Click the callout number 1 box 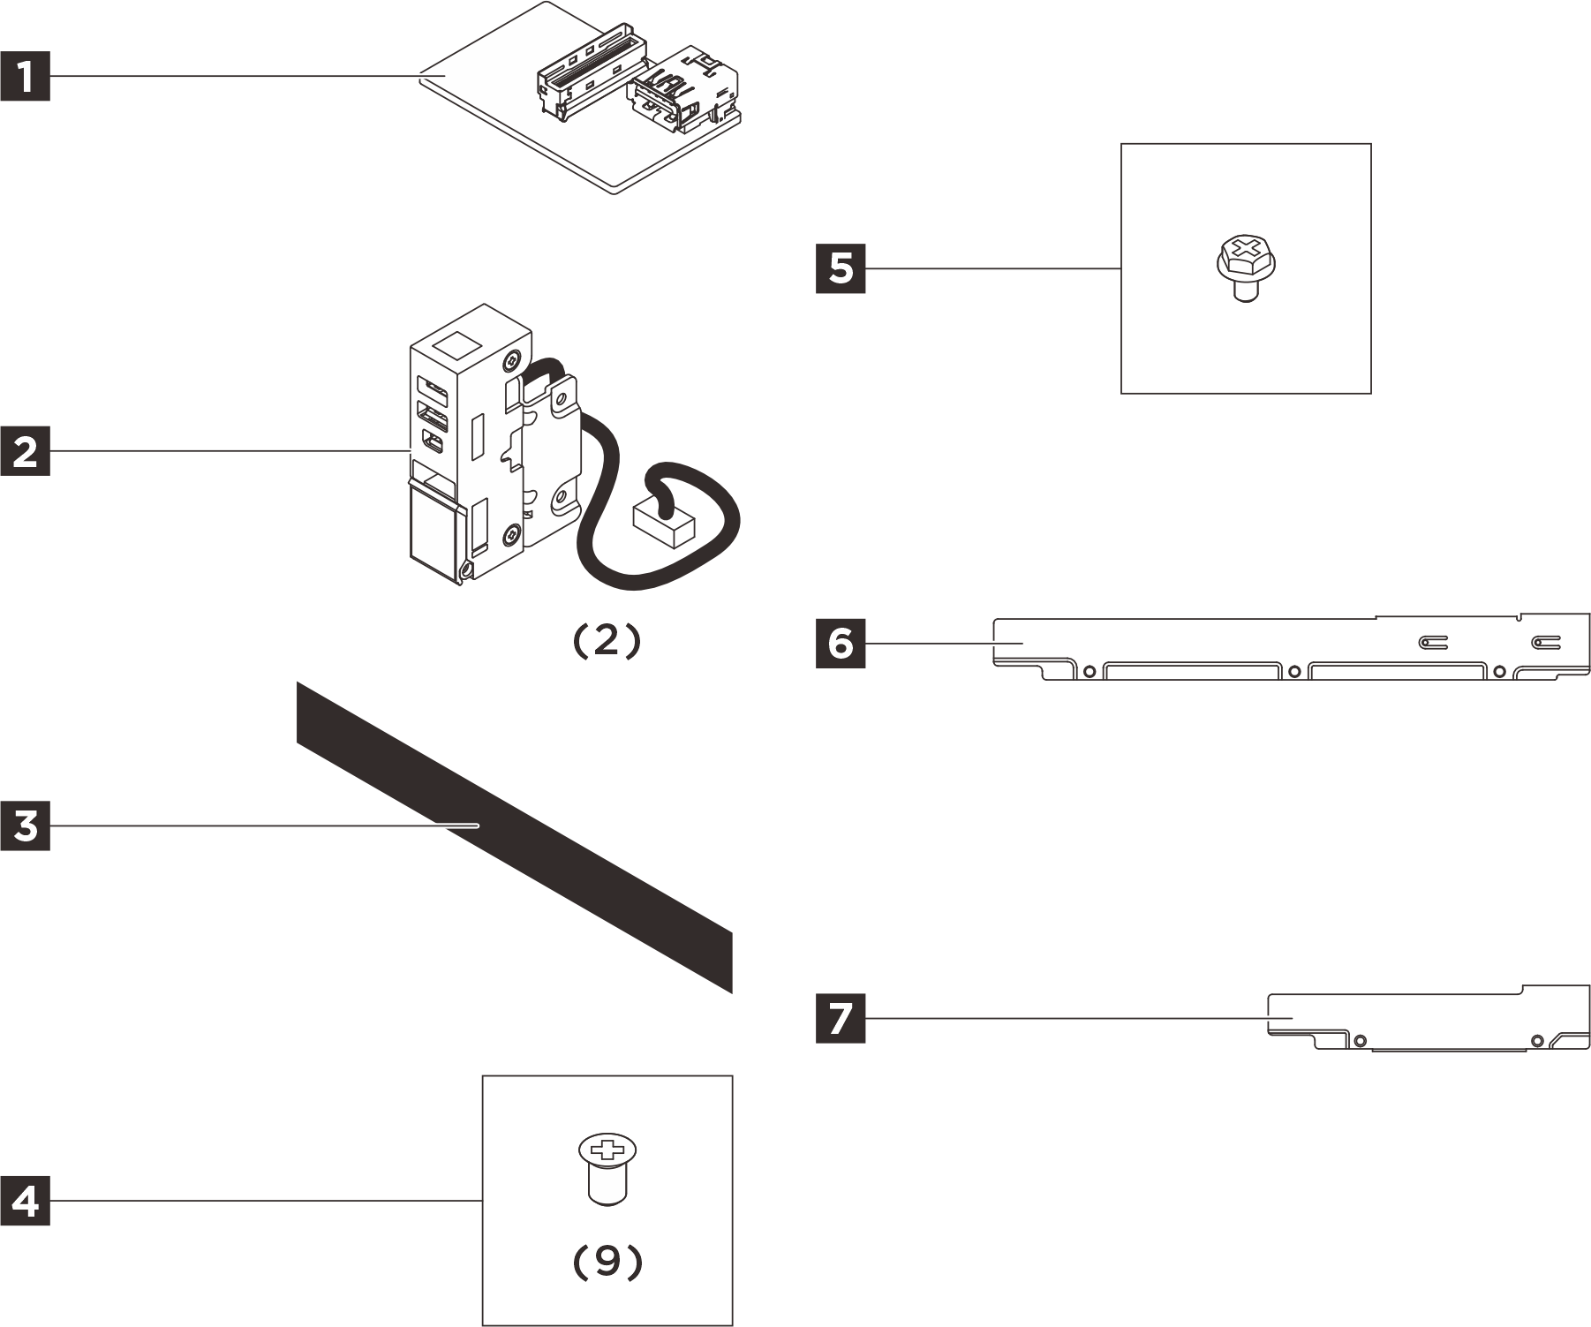(x=25, y=77)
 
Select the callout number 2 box (x=25, y=451)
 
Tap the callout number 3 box (x=25, y=826)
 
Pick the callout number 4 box (x=25, y=1201)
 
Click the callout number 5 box (x=840, y=268)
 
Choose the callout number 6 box (x=840, y=644)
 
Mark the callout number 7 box (x=840, y=1018)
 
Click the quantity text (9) (x=607, y=1263)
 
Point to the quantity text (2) (x=606, y=642)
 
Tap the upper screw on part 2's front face (x=512, y=362)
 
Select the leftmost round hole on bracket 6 (x=1090, y=671)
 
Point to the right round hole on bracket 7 (x=1537, y=1040)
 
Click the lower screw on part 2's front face (x=511, y=533)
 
